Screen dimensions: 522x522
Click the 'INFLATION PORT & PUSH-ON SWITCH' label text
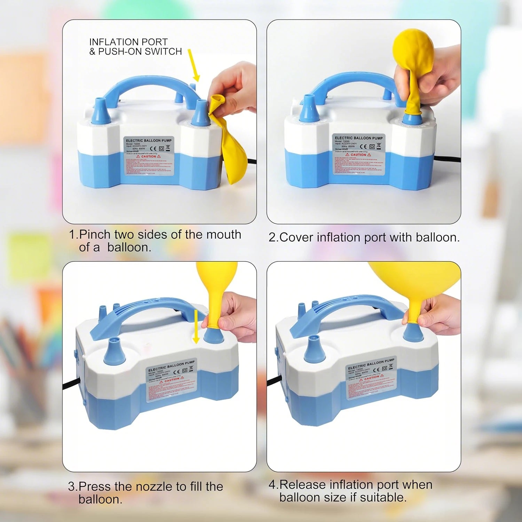pyautogui.click(x=135, y=47)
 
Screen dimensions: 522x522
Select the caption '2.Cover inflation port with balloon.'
pyautogui.click(x=364, y=237)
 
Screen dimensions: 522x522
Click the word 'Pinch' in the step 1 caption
pyautogui.click(x=95, y=235)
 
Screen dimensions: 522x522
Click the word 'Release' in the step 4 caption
pyautogui.click(x=303, y=484)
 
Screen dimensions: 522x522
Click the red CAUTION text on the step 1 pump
pyautogui.click(x=149, y=157)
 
